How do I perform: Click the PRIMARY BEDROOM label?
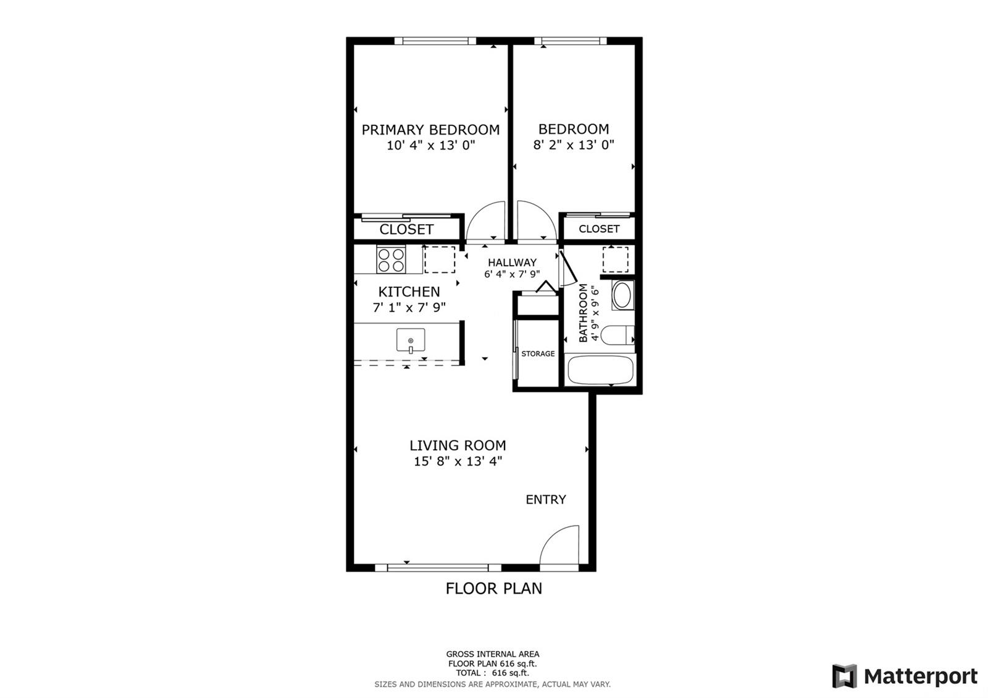pos(430,130)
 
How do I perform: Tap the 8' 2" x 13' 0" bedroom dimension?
pos(574,145)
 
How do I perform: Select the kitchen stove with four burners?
pos(391,260)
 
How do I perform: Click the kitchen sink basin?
pos(411,340)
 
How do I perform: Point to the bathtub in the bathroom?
pos(600,370)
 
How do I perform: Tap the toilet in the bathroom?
pos(617,335)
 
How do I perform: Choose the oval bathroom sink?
pos(622,295)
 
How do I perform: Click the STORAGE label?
pos(538,354)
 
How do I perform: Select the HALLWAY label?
pos(512,263)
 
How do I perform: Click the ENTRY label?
pos(546,500)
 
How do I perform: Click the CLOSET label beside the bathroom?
pos(599,229)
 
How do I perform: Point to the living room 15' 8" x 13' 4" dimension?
pos(458,461)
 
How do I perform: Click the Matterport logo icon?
pos(844,676)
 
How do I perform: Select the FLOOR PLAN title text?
pos(493,589)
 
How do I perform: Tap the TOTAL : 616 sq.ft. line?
pos(492,673)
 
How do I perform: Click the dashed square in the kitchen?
pos(440,260)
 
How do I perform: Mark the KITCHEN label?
pos(409,292)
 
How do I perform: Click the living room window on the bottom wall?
pos(438,568)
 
